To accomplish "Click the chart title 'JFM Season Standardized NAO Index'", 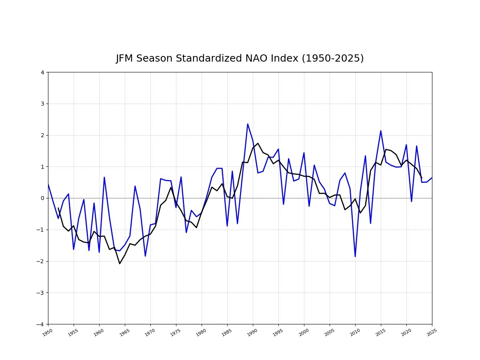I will (240, 58).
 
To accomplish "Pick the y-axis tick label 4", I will (42, 72).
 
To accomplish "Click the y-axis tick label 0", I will (42, 198).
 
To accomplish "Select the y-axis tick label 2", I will (42, 135).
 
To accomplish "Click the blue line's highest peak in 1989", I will (248, 124).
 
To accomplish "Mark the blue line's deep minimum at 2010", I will (355, 256).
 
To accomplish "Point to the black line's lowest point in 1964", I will (120, 264).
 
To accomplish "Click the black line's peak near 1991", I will (258, 143).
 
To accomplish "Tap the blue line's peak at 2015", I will (381, 131).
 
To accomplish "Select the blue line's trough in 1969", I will (145, 256).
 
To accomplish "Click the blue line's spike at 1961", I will (104, 177).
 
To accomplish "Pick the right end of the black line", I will (422, 178).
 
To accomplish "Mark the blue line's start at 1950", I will (48, 184).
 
